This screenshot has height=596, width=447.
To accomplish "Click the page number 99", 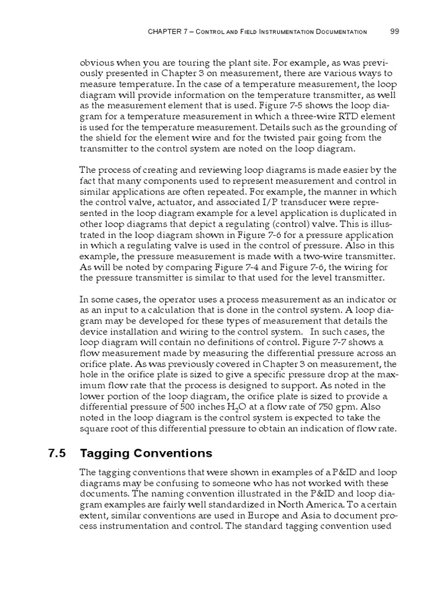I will click(x=394, y=31).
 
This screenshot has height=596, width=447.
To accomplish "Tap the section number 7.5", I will click(x=55, y=453).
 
